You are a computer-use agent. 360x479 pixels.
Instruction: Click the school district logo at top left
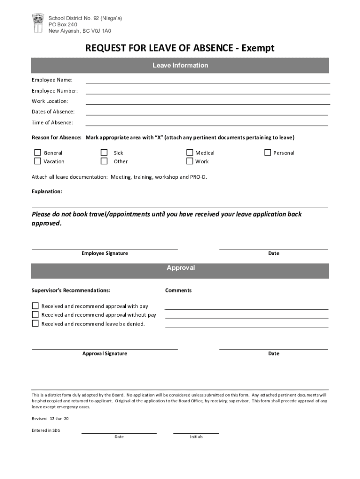pos(38,23)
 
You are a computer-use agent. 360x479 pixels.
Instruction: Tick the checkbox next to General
pos(37,152)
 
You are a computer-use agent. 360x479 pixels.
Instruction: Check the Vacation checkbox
pos(37,161)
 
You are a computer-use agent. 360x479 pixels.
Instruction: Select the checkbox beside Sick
pos(104,152)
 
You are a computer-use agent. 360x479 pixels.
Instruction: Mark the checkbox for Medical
pos(190,152)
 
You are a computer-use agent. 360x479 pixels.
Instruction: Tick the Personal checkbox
pos(267,152)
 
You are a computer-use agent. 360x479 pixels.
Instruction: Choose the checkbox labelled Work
pos(190,161)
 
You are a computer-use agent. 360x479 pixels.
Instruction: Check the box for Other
pos(104,161)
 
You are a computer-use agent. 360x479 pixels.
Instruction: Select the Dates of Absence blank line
pos(207,114)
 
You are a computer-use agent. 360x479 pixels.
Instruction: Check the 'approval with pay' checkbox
pos(35,306)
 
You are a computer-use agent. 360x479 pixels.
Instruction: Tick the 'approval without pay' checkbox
pos(35,315)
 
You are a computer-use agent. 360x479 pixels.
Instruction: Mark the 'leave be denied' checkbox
pos(35,324)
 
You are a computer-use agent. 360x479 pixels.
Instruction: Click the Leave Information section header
pos(180,65)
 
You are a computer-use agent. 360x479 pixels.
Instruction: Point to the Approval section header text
pos(180,268)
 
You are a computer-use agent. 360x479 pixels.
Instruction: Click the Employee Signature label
pos(105,253)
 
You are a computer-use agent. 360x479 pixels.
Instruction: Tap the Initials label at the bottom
pos(196,437)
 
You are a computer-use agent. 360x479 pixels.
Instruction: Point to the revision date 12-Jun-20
pos(56,419)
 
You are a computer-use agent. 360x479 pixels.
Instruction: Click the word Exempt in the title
pos(258,48)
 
